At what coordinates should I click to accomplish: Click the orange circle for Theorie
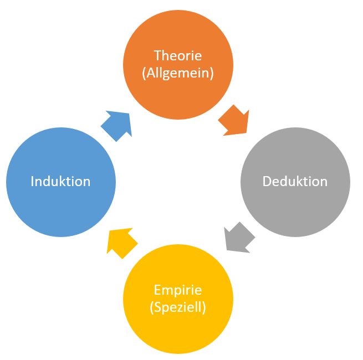(x=178, y=39)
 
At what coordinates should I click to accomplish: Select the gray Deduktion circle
(x=295, y=205)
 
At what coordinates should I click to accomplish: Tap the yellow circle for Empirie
(x=178, y=327)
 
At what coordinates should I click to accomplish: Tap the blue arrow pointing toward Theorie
(x=117, y=126)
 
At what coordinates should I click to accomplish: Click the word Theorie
(x=178, y=55)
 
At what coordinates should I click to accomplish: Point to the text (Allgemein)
(x=178, y=73)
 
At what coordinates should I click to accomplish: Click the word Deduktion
(x=295, y=182)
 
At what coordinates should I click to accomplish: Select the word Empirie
(x=178, y=290)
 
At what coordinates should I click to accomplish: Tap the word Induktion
(x=61, y=181)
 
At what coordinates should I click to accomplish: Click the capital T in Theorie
(x=157, y=55)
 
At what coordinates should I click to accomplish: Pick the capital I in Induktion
(x=33, y=181)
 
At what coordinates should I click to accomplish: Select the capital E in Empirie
(x=157, y=290)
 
